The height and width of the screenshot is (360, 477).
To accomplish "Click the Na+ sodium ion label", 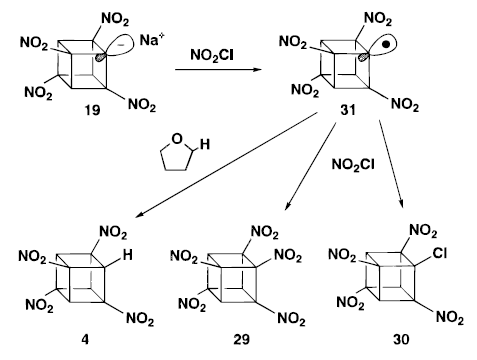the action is click(152, 40).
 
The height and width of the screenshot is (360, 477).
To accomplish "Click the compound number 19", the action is click(92, 110).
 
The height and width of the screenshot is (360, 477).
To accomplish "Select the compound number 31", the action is click(348, 110).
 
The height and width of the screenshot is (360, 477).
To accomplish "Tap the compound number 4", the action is click(85, 340).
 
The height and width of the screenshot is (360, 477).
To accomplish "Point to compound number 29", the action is click(242, 340).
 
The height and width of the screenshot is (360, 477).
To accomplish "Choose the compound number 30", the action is click(401, 340).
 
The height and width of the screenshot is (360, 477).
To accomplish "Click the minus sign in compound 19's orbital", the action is click(123, 45).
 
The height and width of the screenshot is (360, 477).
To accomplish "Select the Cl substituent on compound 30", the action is click(440, 253).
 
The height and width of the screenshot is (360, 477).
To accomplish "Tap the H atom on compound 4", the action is click(127, 255).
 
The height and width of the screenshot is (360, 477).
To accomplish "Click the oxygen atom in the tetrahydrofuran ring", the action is click(177, 139).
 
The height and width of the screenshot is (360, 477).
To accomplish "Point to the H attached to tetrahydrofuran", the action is click(205, 144).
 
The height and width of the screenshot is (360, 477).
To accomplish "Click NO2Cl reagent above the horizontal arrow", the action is click(212, 55).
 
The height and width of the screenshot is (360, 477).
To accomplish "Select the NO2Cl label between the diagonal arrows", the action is click(353, 164).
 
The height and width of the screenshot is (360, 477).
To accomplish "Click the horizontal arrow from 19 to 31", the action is click(218, 70).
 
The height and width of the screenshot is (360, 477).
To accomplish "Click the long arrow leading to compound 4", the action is click(226, 166).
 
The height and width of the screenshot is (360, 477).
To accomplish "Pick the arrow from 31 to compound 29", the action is click(310, 167).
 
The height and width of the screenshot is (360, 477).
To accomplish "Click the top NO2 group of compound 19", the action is click(115, 20).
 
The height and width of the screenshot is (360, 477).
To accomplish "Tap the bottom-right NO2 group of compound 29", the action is click(291, 319).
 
